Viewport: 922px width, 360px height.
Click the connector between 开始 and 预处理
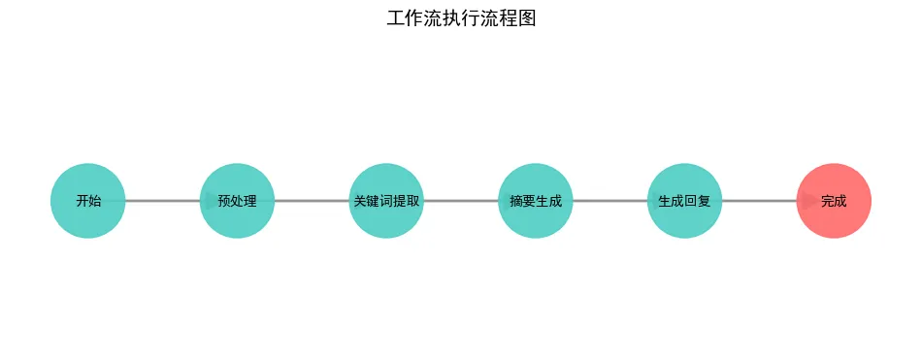click(160, 201)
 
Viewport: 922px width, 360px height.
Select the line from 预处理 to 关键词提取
click(311, 201)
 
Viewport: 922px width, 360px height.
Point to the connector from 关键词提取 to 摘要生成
click(460, 201)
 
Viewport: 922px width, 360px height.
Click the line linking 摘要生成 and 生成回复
click(609, 201)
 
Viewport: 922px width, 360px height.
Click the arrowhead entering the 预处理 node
click(211, 201)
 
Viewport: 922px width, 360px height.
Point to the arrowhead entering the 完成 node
click(807, 201)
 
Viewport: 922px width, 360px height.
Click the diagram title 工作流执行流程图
click(461, 18)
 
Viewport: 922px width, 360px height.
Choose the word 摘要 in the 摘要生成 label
click(522, 202)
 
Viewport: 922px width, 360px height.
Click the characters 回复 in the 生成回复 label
click(698, 202)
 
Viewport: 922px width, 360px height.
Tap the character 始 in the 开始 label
click(94, 202)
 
